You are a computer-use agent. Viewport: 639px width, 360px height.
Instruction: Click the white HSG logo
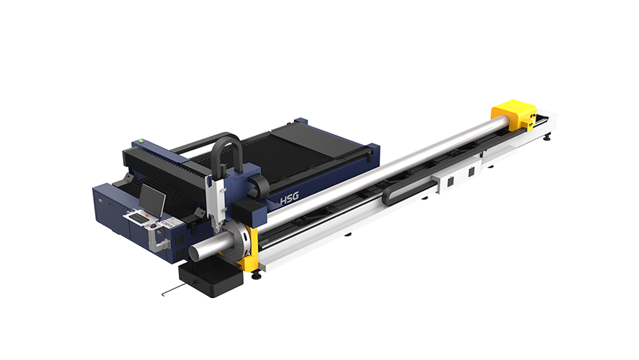coord(289,199)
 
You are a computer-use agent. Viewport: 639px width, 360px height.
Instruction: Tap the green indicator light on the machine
coord(141,141)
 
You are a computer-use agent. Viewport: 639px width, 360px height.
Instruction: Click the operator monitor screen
coord(152,200)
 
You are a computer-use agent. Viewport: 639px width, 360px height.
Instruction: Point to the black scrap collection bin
coord(211,279)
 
